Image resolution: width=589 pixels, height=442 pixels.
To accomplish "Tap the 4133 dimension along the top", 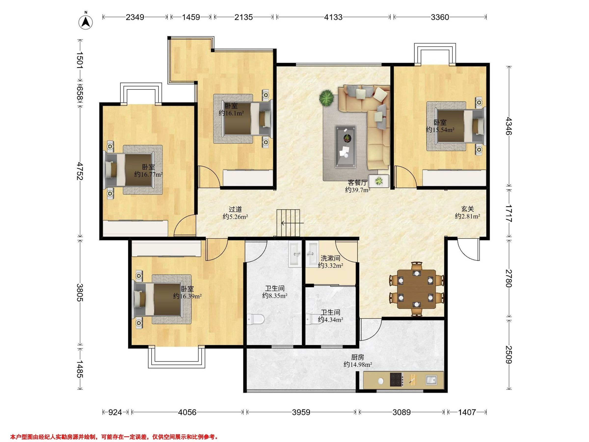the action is click(x=333, y=17).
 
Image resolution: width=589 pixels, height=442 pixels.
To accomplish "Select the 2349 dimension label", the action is click(x=135, y=17).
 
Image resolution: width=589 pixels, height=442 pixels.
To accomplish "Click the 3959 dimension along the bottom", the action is click(x=301, y=413).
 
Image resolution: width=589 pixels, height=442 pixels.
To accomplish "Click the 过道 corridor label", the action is click(x=235, y=210).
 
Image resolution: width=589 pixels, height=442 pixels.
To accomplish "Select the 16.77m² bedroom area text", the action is click(x=148, y=175).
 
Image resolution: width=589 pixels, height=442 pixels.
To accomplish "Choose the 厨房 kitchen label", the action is click(x=358, y=357).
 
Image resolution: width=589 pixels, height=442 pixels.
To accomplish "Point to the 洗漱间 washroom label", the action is click(x=330, y=258).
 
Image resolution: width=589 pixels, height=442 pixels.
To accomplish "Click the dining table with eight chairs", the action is click(x=417, y=289).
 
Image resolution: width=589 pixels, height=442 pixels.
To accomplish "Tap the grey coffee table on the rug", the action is click(x=346, y=147).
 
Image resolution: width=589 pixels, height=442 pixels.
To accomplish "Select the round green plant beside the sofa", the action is click(x=327, y=98).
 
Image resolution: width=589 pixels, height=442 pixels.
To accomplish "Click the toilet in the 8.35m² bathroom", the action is click(x=255, y=319).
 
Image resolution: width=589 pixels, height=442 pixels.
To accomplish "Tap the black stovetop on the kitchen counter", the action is click(x=397, y=380).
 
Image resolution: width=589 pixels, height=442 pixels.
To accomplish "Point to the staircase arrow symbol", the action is click(x=292, y=223).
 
